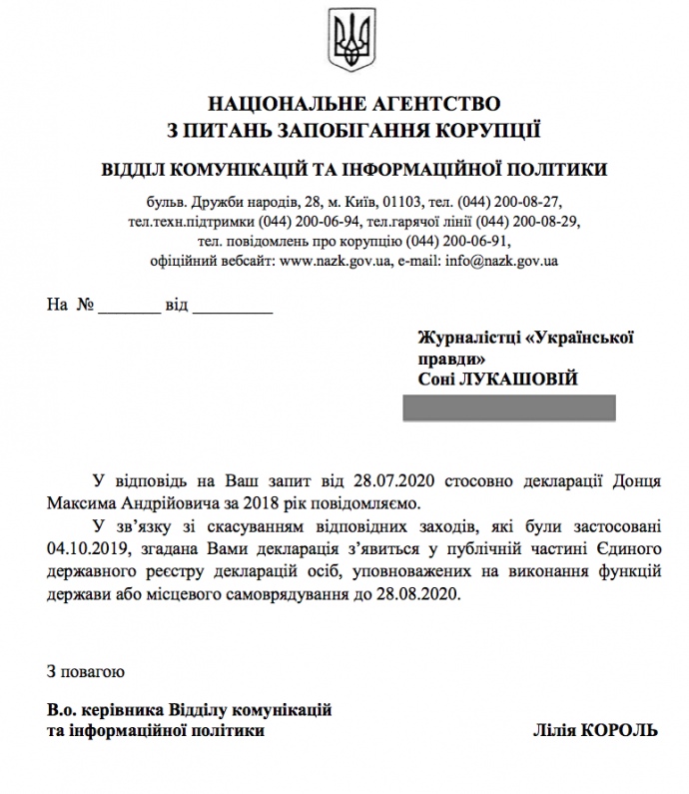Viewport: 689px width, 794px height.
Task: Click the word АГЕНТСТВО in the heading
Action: (432, 104)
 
